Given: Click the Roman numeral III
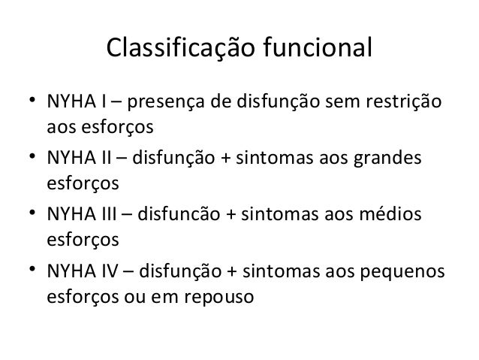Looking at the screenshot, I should pyautogui.click(x=107, y=215).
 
